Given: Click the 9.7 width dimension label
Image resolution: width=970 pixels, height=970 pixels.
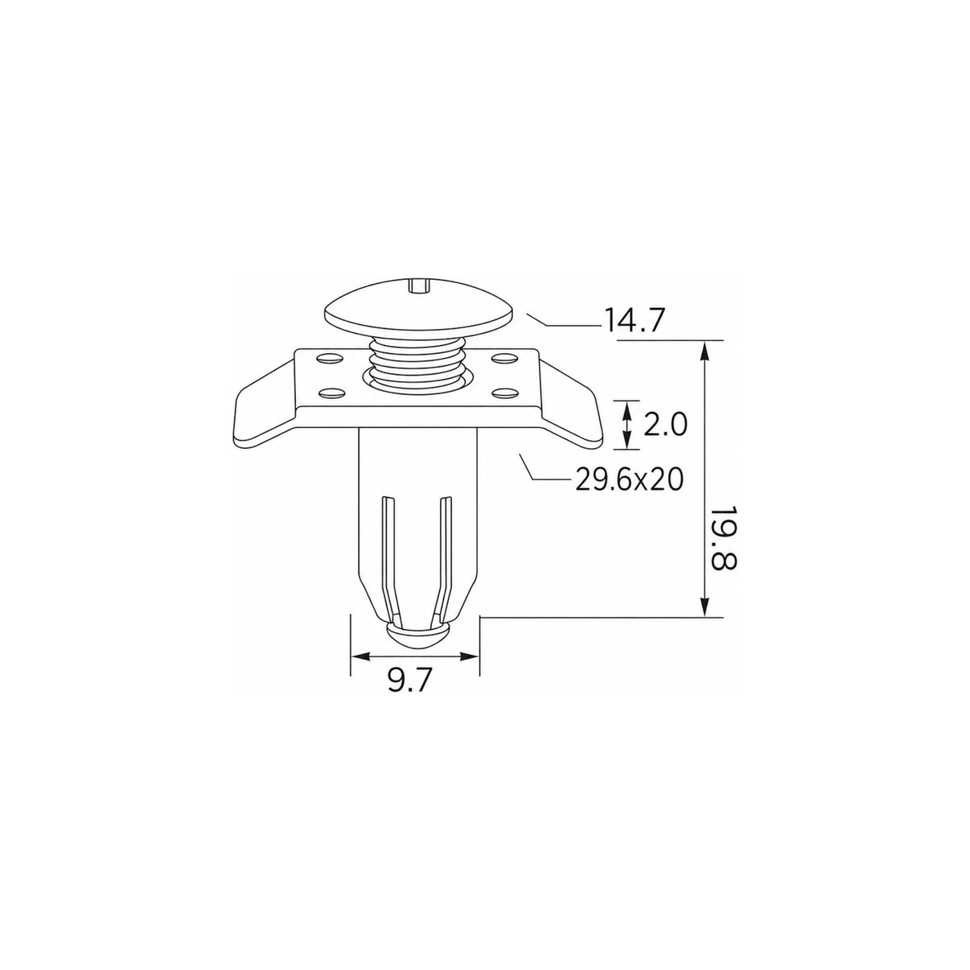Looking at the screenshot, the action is [411, 683].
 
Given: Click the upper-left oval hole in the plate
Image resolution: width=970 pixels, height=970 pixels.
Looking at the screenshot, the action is [329, 359].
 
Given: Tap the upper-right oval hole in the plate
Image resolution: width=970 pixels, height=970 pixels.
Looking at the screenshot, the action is [505, 359].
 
